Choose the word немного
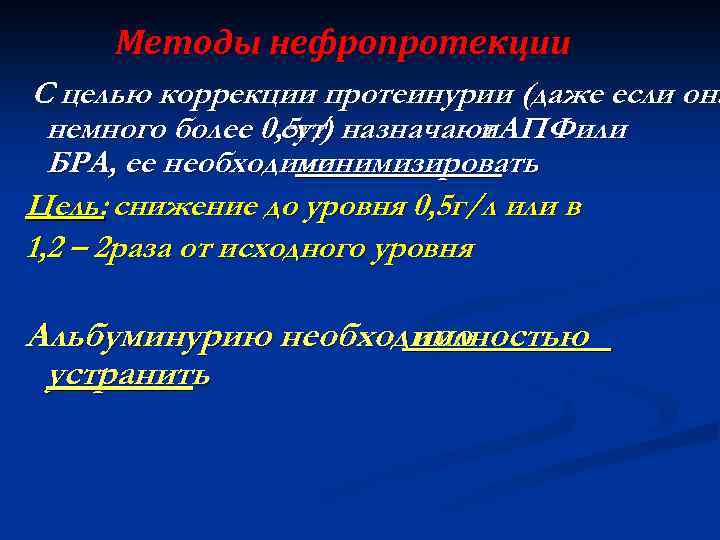101,129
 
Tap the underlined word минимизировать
437,162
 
